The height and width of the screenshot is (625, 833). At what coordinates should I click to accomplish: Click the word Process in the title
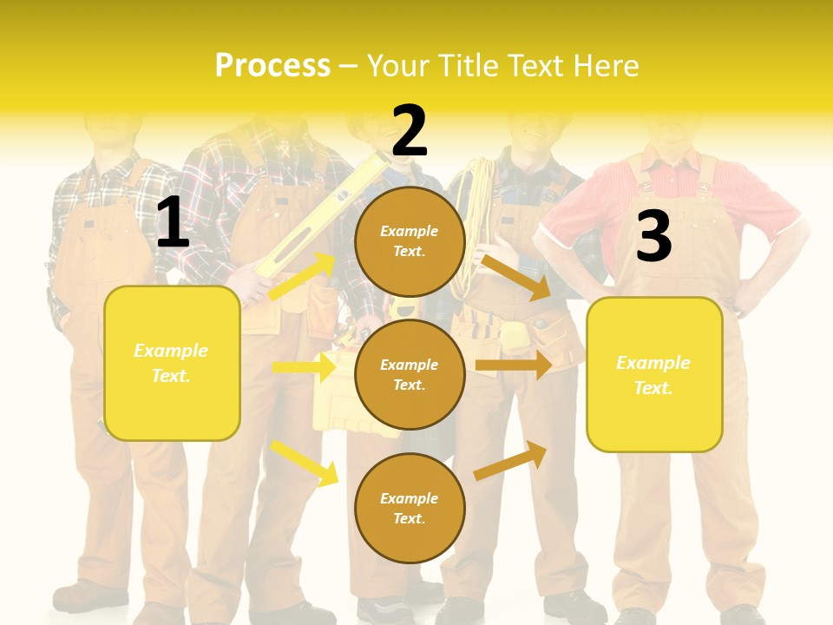(272, 66)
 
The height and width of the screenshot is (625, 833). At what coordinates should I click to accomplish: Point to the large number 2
(410, 130)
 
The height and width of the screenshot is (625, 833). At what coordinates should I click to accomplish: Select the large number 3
(653, 236)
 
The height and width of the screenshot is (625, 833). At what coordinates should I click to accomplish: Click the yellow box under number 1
(172, 363)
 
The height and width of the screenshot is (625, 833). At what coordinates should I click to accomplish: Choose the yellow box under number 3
(654, 374)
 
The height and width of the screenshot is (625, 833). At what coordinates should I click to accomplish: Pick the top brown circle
(410, 241)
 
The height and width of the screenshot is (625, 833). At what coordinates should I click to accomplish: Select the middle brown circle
(410, 374)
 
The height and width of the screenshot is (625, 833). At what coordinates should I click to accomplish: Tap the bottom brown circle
(410, 508)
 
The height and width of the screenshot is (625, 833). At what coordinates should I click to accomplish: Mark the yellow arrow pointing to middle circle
(304, 367)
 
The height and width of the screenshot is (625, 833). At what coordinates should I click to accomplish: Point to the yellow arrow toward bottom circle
(305, 463)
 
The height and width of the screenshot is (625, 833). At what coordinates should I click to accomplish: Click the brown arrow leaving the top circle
(516, 278)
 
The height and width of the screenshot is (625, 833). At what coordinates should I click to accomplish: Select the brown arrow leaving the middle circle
(514, 365)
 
